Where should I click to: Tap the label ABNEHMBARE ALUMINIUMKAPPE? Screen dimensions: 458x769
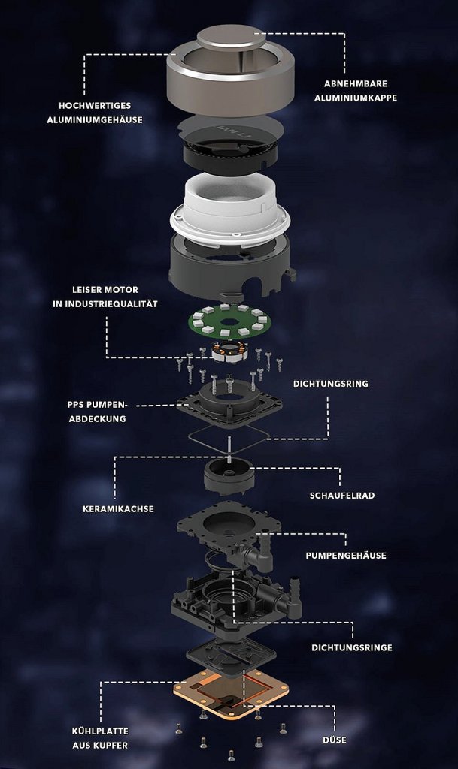pyautogui.click(x=356, y=91)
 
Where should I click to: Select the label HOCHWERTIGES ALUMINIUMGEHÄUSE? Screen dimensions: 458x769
pyautogui.click(x=95, y=113)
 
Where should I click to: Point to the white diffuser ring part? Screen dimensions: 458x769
pyautogui.click(x=229, y=210)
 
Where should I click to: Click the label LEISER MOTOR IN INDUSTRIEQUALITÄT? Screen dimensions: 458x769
pyautogui.click(x=105, y=297)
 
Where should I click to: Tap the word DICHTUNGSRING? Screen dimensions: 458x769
pyautogui.click(x=330, y=384)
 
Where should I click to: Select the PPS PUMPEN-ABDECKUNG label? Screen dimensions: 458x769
pyautogui.click(x=97, y=412)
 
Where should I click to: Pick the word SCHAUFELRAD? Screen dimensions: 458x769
pyautogui.click(x=341, y=496)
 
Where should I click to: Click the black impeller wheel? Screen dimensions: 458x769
pyautogui.click(x=229, y=476)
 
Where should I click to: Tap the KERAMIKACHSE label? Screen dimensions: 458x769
pyautogui.click(x=118, y=509)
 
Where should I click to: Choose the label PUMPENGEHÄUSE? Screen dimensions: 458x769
pyautogui.click(x=346, y=556)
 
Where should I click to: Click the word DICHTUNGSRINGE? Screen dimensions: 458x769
pyautogui.click(x=351, y=648)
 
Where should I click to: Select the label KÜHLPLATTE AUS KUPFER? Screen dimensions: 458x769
pyautogui.click(x=100, y=738)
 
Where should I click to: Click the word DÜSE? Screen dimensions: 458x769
pyautogui.click(x=335, y=740)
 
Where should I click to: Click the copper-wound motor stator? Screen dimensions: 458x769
pyautogui.click(x=229, y=353)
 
